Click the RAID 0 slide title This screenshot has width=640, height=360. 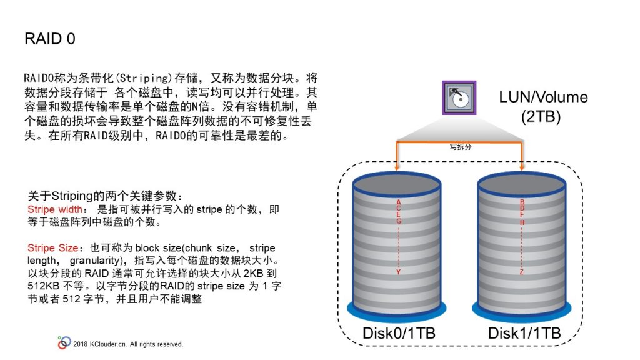point(50,39)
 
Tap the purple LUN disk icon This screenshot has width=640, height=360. point(459,97)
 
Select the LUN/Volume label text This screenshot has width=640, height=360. point(543,97)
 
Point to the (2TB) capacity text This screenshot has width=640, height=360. point(541,117)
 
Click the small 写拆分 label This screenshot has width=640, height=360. point(461,147)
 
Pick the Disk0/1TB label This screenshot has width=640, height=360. point(399,333)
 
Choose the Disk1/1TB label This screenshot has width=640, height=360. point(524,333)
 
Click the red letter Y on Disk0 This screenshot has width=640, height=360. point(398,272)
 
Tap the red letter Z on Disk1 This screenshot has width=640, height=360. point(521,272)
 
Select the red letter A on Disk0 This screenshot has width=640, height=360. point(399,202)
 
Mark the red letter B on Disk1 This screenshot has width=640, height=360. point(522,202)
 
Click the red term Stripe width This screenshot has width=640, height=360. point(55,209)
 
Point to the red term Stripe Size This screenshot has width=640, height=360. point(52,247)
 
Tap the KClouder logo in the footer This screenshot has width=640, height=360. point(64,343)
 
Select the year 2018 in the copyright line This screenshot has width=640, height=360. point(81,344)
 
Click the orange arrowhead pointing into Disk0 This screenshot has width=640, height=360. point(397,167)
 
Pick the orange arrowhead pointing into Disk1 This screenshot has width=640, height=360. point(522,167)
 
